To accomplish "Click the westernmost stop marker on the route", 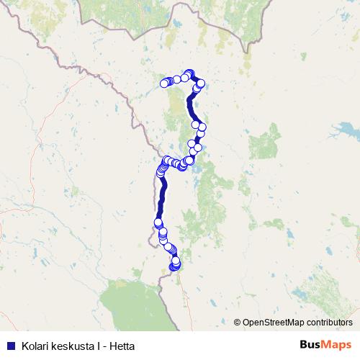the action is [x=158, y=223].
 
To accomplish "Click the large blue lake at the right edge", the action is [x=344, y=132].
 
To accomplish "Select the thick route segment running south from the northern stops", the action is [x=192, y=108].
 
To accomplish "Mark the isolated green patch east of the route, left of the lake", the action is [x=264, y=142].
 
